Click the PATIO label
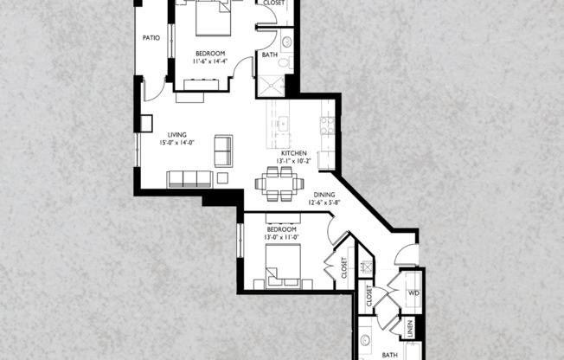pyautogui.click(x=151, y=38)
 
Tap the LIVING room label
pyautogui.click(x=177, y=135)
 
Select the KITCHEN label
pyautogui.click(x=294, y=153)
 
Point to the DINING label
pyautogui.click(x=324, y=195)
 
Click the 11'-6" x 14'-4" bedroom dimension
pyautogui.click(x=210, y=61)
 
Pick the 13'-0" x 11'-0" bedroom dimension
pyautogui.click(x=282, y=237)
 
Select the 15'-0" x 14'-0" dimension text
pyautogui.click(x=177, y=143)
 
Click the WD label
pyautogui.click(x=413, y=293)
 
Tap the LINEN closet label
pyautogui.click(x=410, y=328)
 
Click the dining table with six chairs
pyautogui.click(x=279, y=183)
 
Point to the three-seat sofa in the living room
pyautogui.click(x=189, y=179)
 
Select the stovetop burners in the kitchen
pyautogui.click(x=327, y=125)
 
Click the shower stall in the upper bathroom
pyautogui.click(x=272, y=86)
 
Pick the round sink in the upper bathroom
pyautogui.click(x=286, y=42)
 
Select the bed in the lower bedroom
pyautogui.click(x=283, y=267)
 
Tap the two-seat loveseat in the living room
pyautogui.click(x=223, y=151)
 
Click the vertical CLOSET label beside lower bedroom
pyautogui.click(x=344, y=267)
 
